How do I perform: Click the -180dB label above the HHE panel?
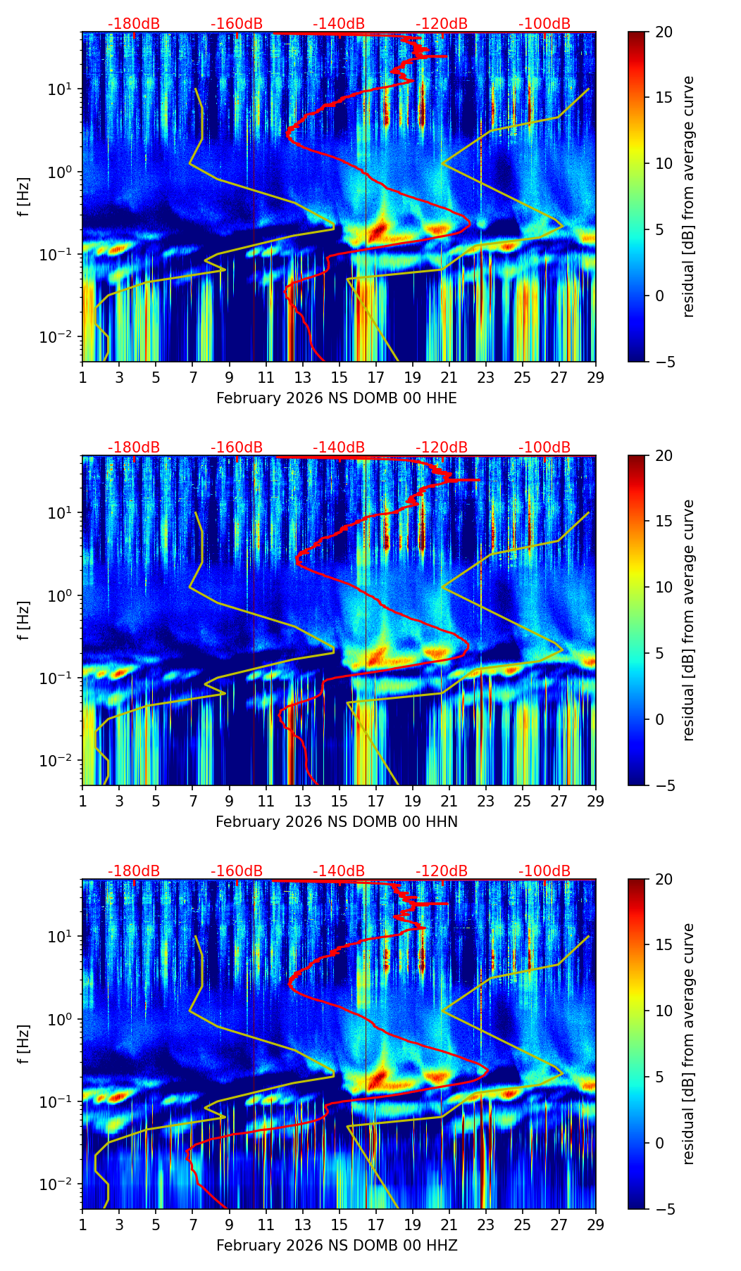pos(134,24)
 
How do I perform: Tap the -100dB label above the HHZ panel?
pos(544,871)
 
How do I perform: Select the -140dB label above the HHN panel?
pos(339,448)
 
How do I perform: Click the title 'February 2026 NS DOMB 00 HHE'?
pos(336,398)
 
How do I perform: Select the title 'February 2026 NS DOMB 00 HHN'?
pos(336,822)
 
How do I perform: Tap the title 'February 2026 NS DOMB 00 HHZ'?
pos(336,1246)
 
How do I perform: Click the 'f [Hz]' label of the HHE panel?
pos(24,197)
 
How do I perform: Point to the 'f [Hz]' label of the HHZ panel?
pos(24,1044)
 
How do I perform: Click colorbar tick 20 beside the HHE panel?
pos(664,32)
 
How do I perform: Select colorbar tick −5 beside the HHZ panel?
pos(664,1209)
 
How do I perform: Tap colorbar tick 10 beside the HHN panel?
pos(664,587)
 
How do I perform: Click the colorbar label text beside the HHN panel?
pos(689,621)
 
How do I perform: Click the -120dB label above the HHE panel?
pos(442,24)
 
